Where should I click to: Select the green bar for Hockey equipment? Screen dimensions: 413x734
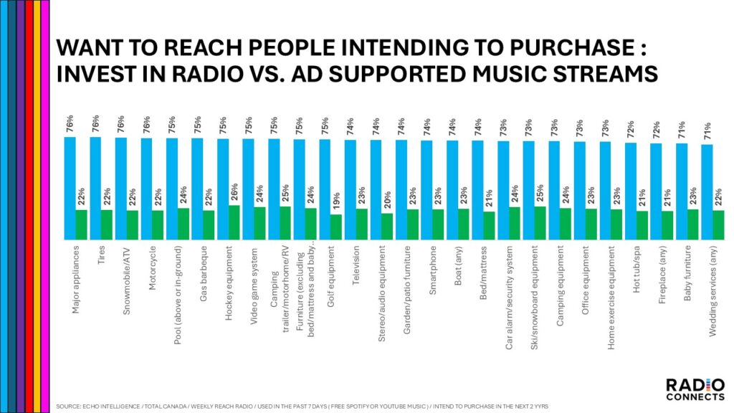[234, 223]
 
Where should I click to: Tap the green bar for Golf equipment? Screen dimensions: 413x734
[335, 227]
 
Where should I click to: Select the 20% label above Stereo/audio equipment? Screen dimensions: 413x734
[387, 200]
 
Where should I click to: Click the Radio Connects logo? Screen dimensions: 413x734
[690, 390]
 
